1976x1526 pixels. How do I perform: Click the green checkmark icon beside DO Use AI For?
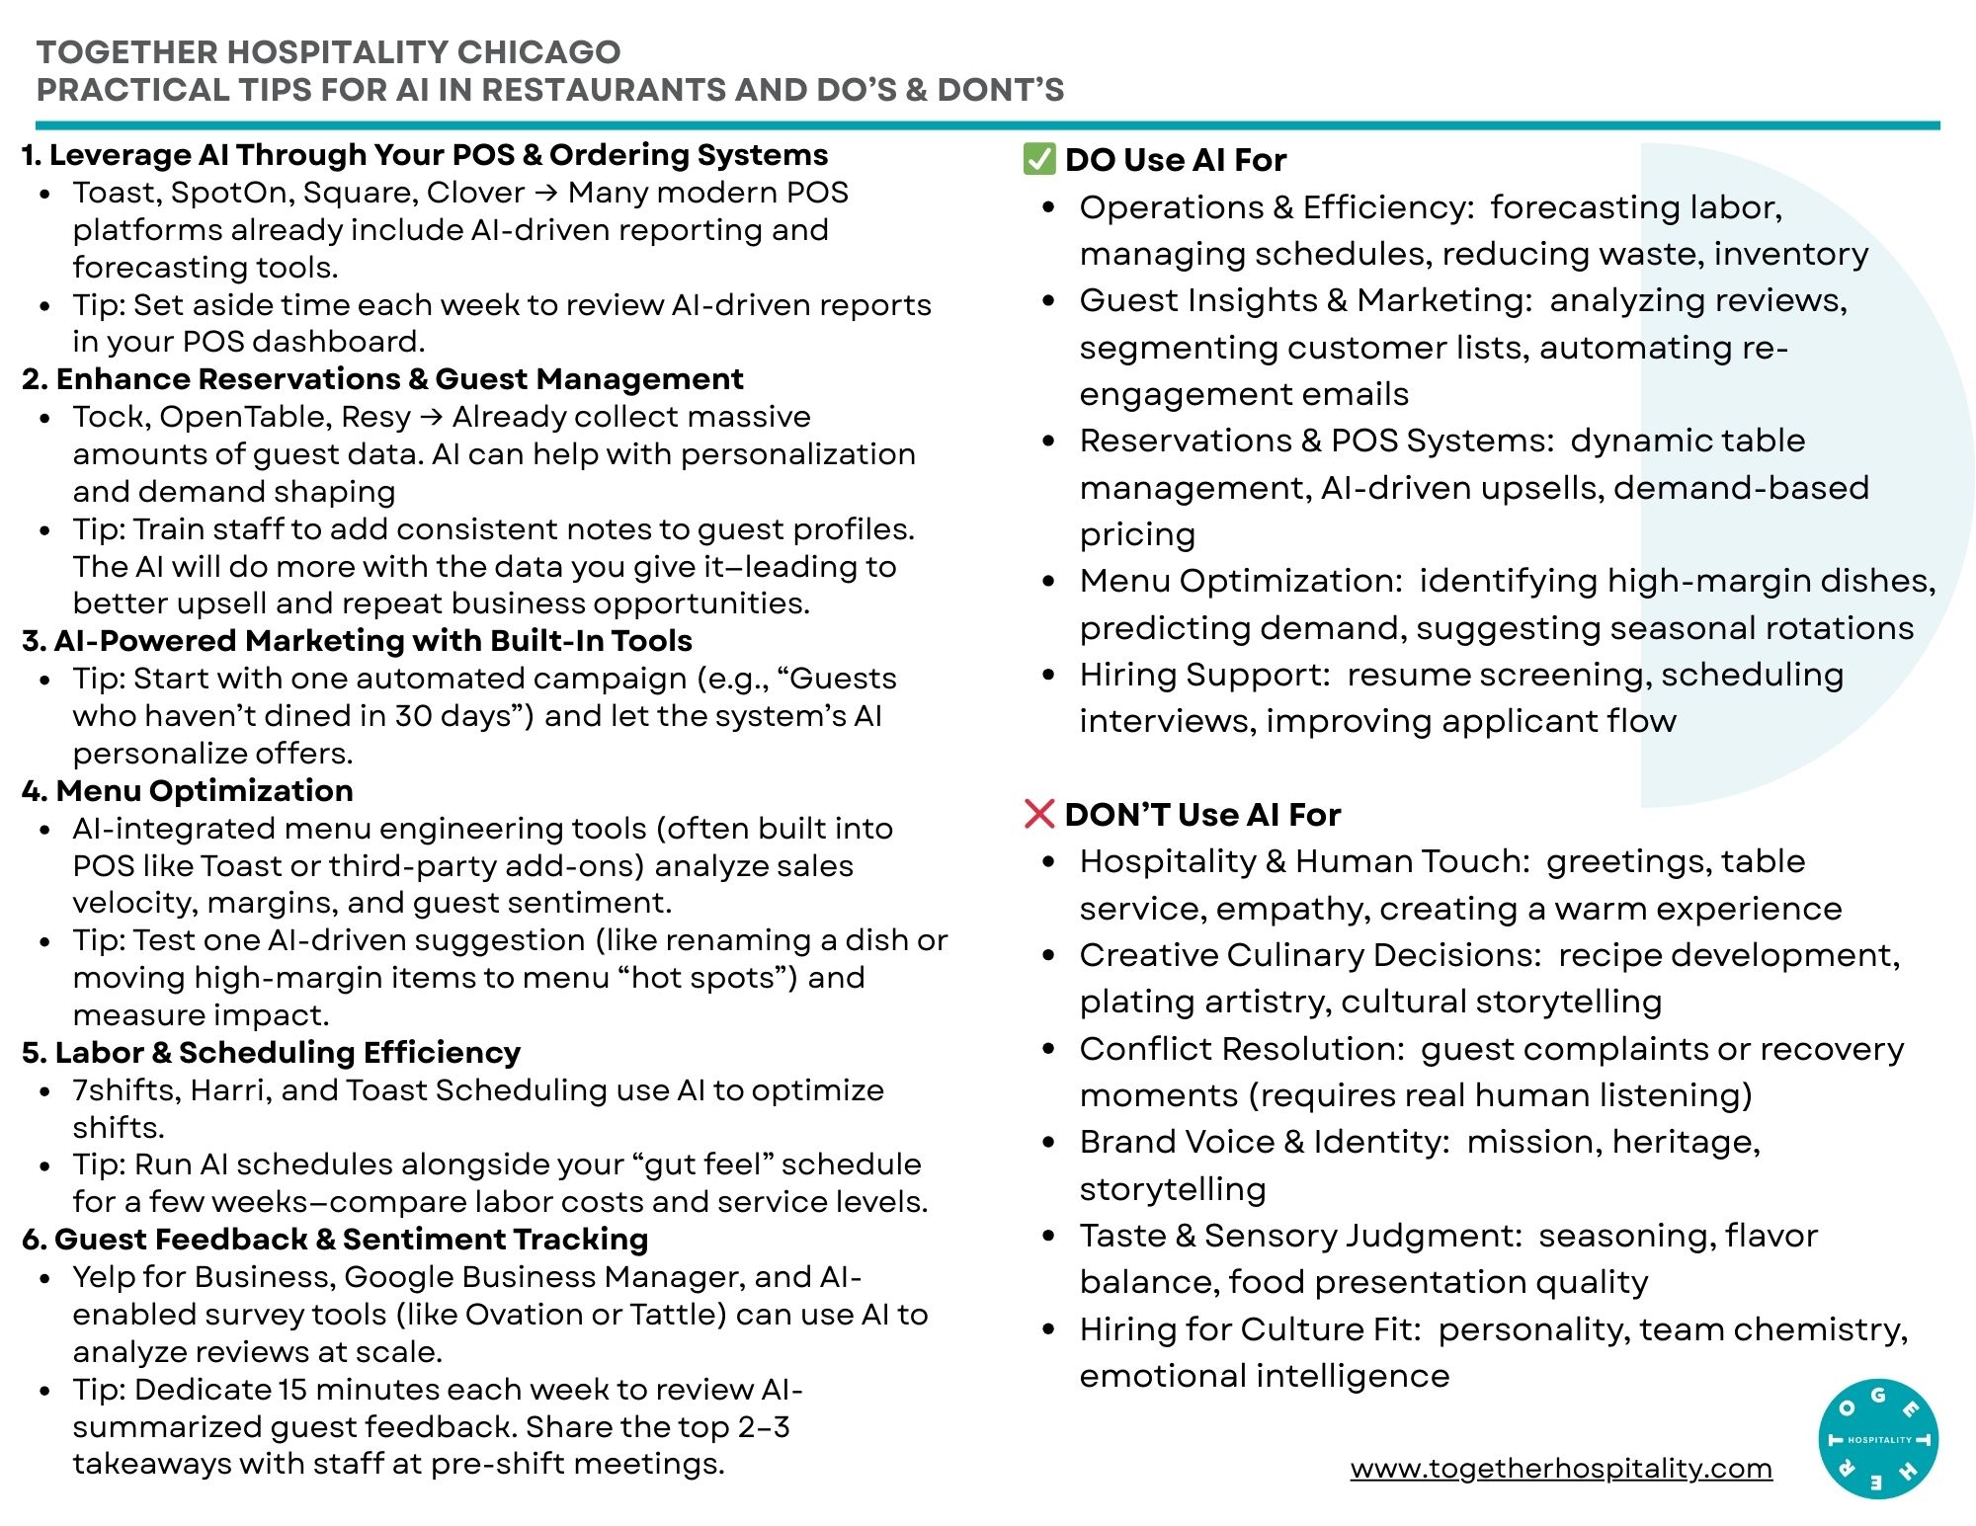tap(1038, 159)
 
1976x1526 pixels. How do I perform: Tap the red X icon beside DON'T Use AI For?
tap(1039, 814)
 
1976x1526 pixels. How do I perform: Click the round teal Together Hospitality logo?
tap(1877, 1439)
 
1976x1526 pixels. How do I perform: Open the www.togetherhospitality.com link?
tap(1561, 1469)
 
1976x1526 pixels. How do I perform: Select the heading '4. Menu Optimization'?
tap(188, 791)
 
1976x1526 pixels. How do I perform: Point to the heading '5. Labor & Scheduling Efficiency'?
tap(272, 1053)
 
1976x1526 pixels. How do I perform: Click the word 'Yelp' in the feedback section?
tap(103, 1277)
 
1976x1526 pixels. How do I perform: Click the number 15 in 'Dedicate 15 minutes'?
tap(292, 1390)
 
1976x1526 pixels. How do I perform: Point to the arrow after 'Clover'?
tap(545, 193)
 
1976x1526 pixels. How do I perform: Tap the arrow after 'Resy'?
tap(431, 417)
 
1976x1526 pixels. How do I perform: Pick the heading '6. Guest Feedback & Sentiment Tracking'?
tap(336, 1240)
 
